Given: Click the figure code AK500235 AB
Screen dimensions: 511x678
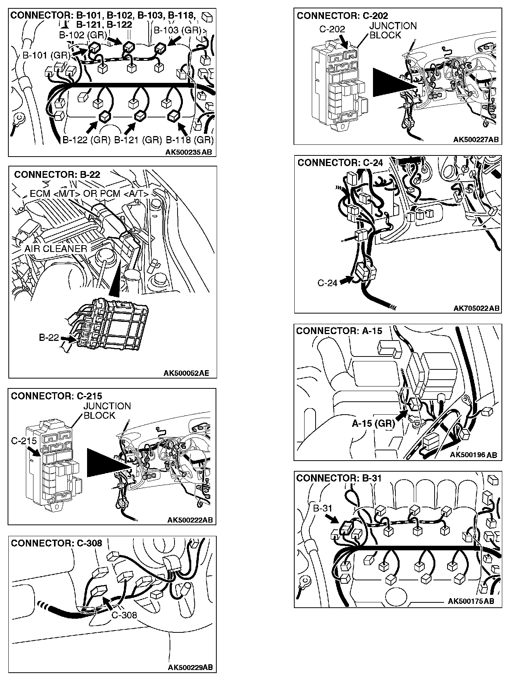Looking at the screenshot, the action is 189,152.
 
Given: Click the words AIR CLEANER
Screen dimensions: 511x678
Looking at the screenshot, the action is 56,249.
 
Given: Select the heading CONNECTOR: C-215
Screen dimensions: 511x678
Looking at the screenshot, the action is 56,396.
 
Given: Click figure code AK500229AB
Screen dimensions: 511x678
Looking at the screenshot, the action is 190,667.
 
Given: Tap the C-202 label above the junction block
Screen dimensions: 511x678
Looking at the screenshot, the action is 332,29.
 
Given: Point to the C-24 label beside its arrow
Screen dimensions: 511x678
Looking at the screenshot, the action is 327,283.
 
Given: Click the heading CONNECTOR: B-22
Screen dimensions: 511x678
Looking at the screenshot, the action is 57,174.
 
